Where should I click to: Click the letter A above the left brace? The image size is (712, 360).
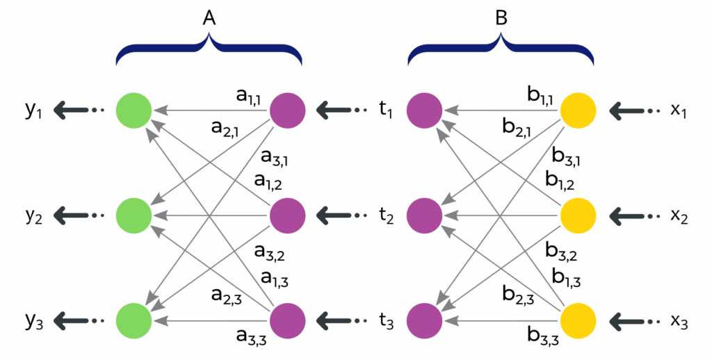[x=209, y=20]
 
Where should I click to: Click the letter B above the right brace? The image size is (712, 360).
[x=501, y=20]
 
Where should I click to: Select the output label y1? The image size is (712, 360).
[x=33, y=111]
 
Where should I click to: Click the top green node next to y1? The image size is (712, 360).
[x=134, y=110]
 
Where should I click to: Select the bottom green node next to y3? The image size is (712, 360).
[x=134, y=320]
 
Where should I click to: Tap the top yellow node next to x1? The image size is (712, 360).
[x=578, y=110]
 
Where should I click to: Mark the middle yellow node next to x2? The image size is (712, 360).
[x=578, y=215]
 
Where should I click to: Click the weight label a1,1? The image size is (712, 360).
[x=249, y=97]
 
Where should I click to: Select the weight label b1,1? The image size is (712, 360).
[x=540, y=97]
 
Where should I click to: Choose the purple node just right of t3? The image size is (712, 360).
[x=425, y=320]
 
